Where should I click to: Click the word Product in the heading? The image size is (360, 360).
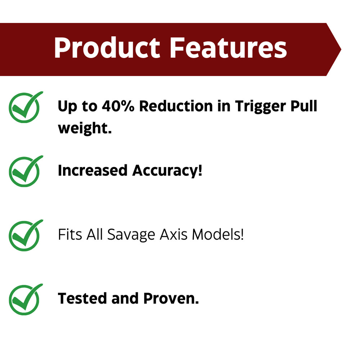click(107, 48)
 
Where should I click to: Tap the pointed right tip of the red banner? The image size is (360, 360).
click(339, 49)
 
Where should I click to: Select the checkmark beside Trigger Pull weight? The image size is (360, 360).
click(24, 107)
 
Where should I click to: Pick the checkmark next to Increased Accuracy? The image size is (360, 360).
click(24, 171)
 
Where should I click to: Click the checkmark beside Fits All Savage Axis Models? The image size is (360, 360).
click(24, 235)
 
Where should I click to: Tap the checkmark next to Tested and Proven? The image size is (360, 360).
click(24, 300)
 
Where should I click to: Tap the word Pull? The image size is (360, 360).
click(303, 107)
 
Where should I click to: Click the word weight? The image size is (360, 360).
click(84, 129)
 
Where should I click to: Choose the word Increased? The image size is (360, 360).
click(93, 171)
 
